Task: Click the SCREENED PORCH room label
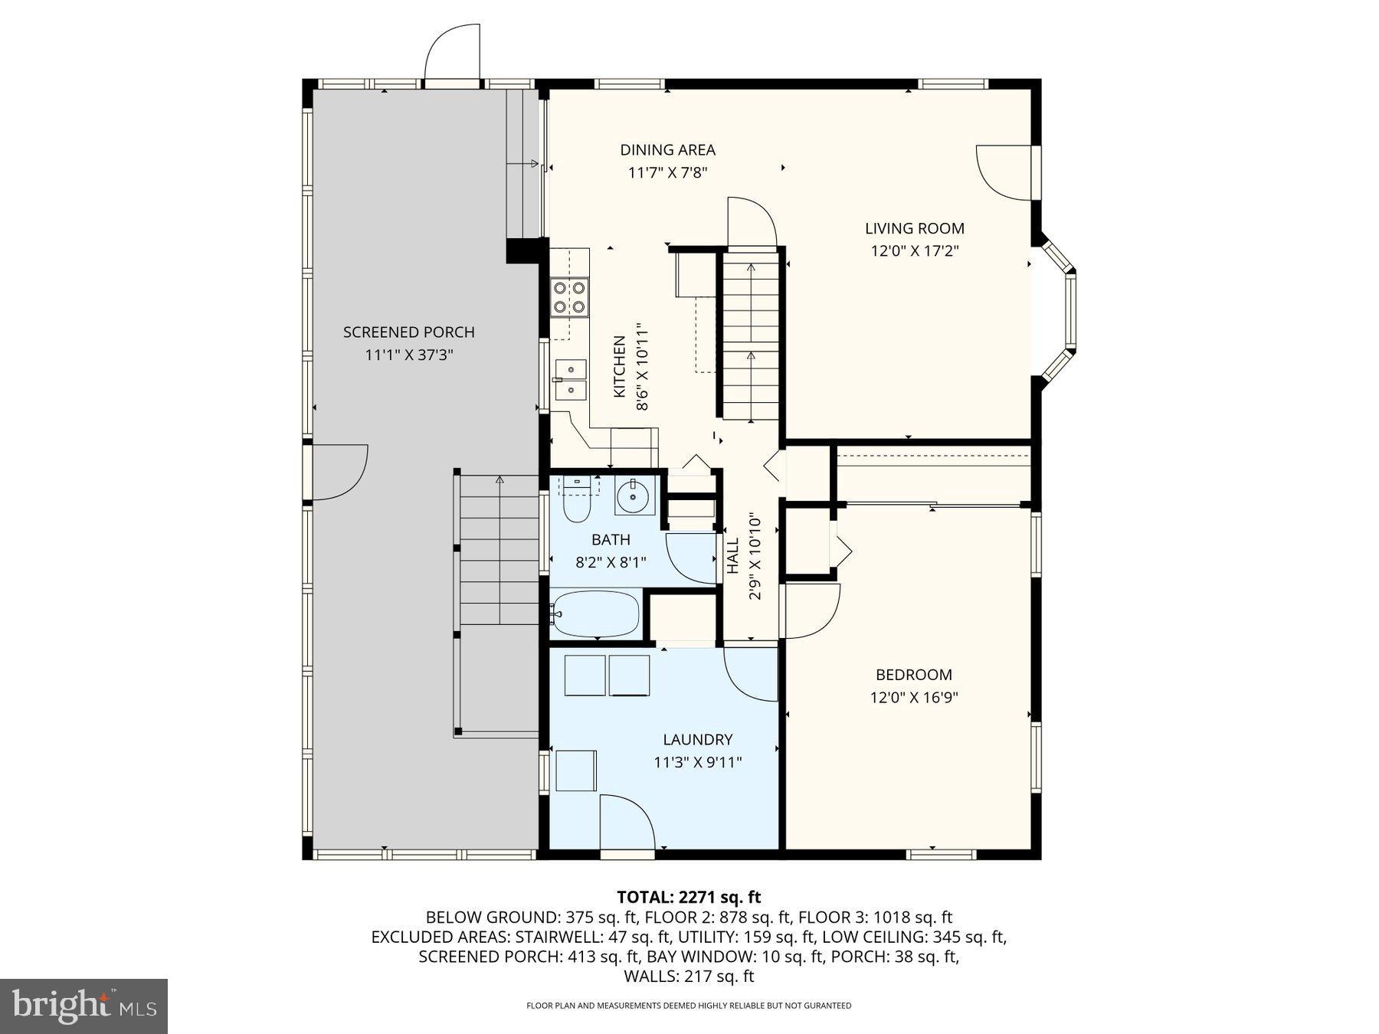(408, 332)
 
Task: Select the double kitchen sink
(570, 380)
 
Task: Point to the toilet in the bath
(576, 502)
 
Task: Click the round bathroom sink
(634, 496)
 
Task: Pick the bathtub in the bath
(596, 614)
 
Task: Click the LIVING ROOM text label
(914, 228)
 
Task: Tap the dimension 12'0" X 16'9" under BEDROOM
(914, 698)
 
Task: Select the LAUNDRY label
(697, 740)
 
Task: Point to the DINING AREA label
(667, 150)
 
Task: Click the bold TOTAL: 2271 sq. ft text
(688, 897)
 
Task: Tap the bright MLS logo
(84, 1006)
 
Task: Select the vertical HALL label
(733, 556)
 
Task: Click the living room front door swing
(1004, 172)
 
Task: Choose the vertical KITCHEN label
(620, 366)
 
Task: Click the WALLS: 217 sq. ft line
(688, 977)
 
